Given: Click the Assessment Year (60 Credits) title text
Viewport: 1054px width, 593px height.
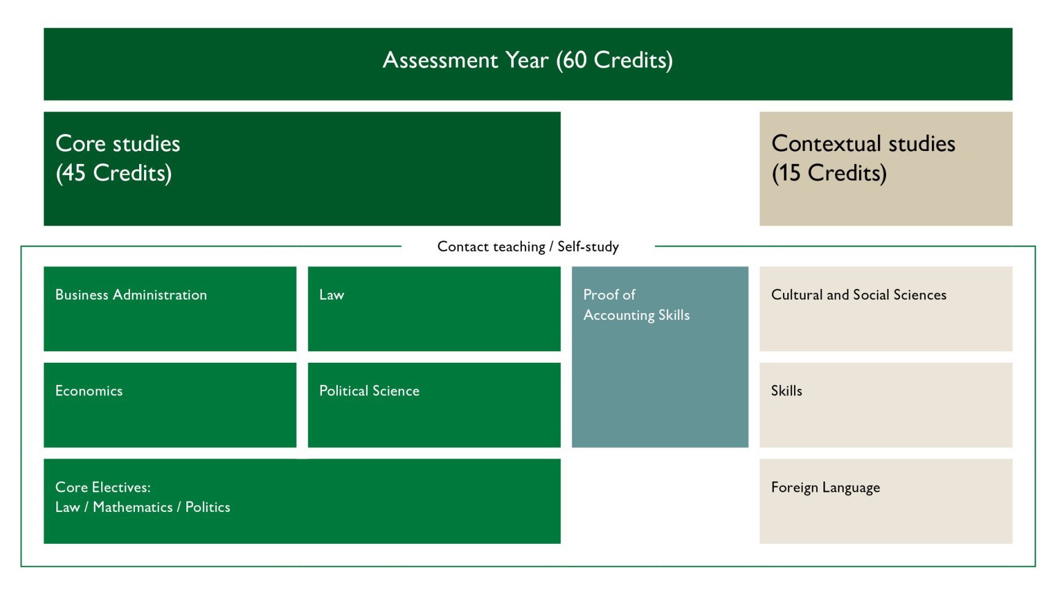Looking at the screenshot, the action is tap(527, 60).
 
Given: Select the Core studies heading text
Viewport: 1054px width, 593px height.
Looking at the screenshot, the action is tap(118, 144).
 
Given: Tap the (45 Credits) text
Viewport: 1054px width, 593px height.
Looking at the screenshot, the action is tap(113, 173).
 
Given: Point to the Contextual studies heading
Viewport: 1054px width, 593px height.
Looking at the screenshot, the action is tap(863, 144).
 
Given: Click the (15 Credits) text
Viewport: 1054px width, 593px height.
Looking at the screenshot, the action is tap(829, 173).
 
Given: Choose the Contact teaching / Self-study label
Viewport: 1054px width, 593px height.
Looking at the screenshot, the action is tap(528, 247).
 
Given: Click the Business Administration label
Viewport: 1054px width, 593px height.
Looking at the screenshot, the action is tap(131, 295).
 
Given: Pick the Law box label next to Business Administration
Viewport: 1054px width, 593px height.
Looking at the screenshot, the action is tap(332, 295).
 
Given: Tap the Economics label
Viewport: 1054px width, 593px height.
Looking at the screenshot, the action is tap(89, 391).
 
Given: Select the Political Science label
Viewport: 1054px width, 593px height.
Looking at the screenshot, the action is tap(369, 391).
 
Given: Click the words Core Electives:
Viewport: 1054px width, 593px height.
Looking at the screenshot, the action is tap(103, 487).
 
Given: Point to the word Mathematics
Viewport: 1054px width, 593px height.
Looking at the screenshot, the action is tap(132, 507).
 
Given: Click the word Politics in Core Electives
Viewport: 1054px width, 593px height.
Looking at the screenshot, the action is tap(208, 507).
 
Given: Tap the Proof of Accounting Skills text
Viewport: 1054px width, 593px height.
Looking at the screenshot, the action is tap(636, 305).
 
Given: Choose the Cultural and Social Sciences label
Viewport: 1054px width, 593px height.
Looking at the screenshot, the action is tap(859, 295).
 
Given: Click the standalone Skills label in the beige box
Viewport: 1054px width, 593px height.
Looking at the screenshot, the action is tap(787, 391).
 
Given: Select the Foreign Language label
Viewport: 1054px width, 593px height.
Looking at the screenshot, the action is tap(825, 488).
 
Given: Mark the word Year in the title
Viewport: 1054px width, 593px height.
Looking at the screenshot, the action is tap(527, 60).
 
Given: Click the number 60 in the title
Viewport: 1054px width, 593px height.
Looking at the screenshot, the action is tap(575, 60).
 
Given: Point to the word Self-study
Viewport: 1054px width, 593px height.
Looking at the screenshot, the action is tap(588, 247).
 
